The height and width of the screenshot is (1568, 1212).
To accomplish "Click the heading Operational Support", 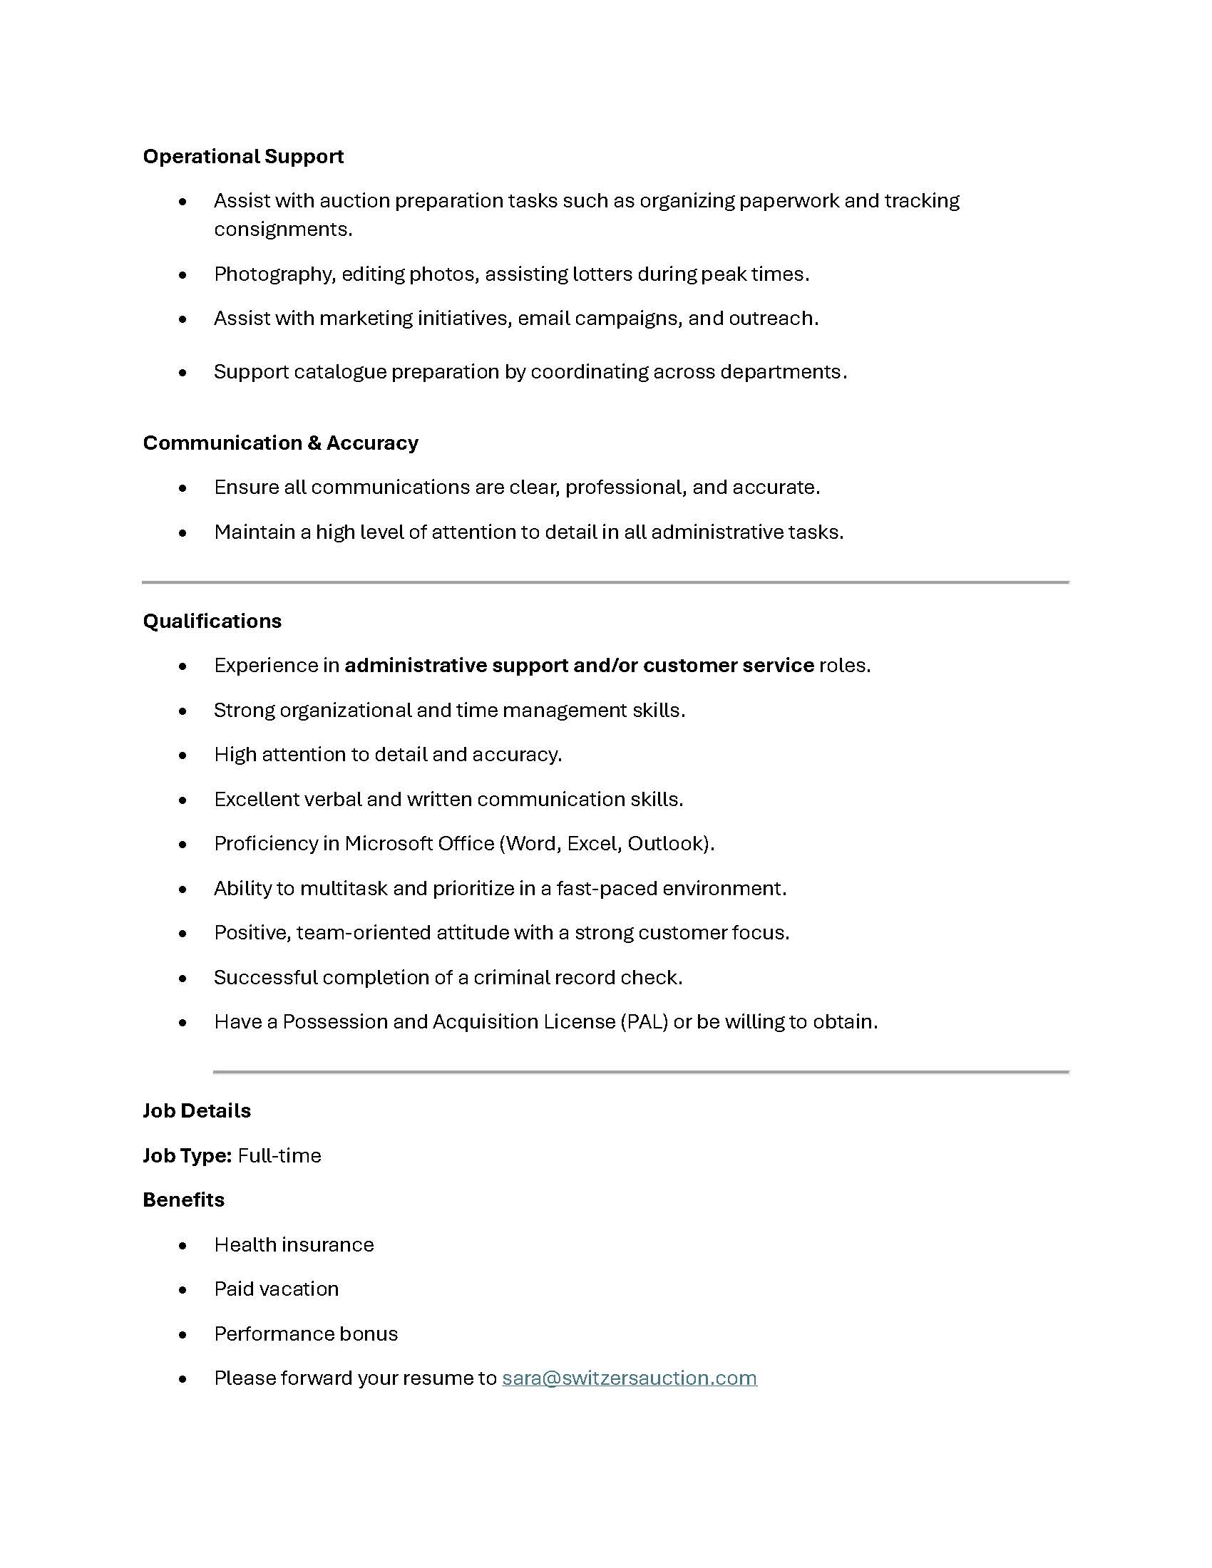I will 242,157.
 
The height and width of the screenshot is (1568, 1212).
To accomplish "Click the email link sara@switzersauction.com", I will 629,1378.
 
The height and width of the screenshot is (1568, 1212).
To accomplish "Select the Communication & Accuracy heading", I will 280,443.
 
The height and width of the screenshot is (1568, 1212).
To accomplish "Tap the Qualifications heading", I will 212,621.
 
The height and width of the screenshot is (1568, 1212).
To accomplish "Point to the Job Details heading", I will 197,1110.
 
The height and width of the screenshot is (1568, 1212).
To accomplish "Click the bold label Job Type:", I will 187,1155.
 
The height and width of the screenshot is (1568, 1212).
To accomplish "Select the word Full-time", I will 279,1155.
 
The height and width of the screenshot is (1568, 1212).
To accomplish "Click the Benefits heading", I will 183,1200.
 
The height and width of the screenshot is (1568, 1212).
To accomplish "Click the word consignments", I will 282,229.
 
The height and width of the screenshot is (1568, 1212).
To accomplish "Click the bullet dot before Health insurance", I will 183,1245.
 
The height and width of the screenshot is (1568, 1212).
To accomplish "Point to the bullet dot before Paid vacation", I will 183,1289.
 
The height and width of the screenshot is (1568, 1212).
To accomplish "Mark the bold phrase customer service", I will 728,666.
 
